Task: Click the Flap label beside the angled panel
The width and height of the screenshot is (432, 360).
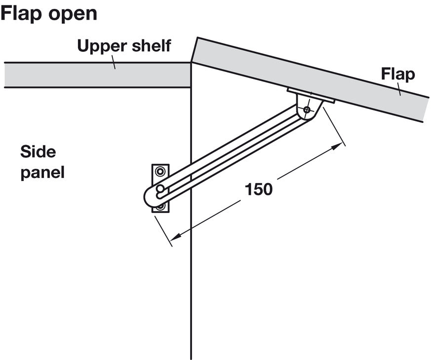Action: (x=397, y=74)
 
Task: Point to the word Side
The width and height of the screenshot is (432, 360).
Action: (x=38, y=151)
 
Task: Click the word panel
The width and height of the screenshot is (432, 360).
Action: (x=42, y=173)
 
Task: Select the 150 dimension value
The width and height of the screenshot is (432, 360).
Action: (x=259, y=189)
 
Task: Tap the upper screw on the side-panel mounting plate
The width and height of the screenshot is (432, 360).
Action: (x=160, y=172)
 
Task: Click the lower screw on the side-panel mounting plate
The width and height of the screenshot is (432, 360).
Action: (x=160, y=206)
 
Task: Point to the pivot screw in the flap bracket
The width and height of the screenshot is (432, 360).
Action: (x=307, y=110)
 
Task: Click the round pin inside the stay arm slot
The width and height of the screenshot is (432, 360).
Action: (x=160, y=189)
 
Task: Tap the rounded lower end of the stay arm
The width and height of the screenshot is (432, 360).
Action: (x=148, y=197)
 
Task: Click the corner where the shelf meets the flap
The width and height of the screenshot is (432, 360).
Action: (x=191, y=63)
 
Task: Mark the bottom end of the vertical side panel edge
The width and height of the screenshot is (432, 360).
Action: (x=190, y=358)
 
